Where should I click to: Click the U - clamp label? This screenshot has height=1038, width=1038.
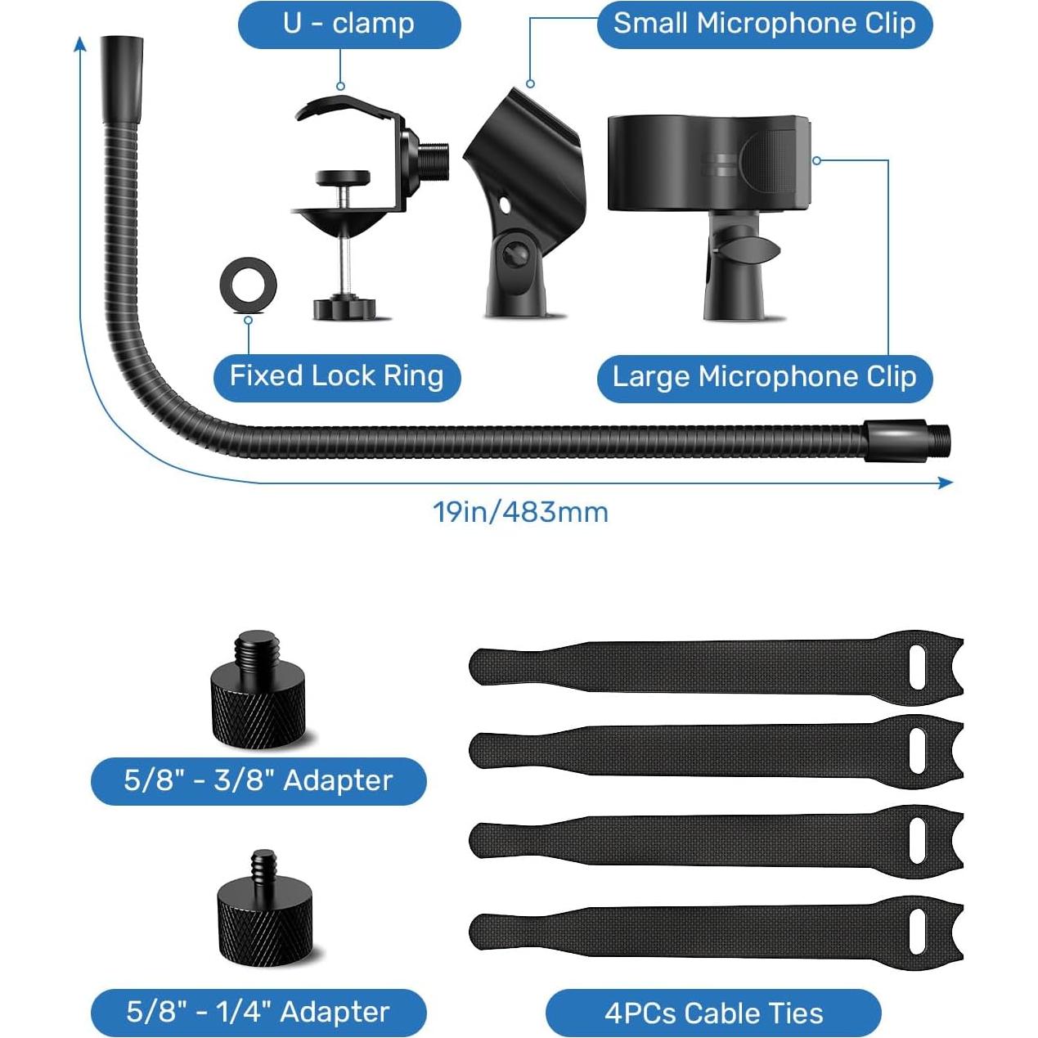point(349,24)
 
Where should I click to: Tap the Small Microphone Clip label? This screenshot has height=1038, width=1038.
point(764,24)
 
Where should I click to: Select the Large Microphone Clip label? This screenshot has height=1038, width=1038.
point(764,377)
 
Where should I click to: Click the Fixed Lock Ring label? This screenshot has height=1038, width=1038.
point(336,376)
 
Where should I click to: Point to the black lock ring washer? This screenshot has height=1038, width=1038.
point(249,285)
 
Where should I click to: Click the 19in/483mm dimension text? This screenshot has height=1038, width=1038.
point(520,513)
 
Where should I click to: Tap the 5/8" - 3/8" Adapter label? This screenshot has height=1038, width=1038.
point(258,780)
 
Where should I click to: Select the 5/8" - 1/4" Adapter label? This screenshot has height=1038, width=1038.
point(258,1013)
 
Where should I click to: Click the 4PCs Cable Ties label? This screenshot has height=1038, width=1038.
point(713,1013)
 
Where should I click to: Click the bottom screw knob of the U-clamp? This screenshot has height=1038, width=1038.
point(344,308)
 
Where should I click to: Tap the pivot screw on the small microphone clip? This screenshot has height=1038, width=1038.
point(515,255)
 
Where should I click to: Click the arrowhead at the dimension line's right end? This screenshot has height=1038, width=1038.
point(946,483)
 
